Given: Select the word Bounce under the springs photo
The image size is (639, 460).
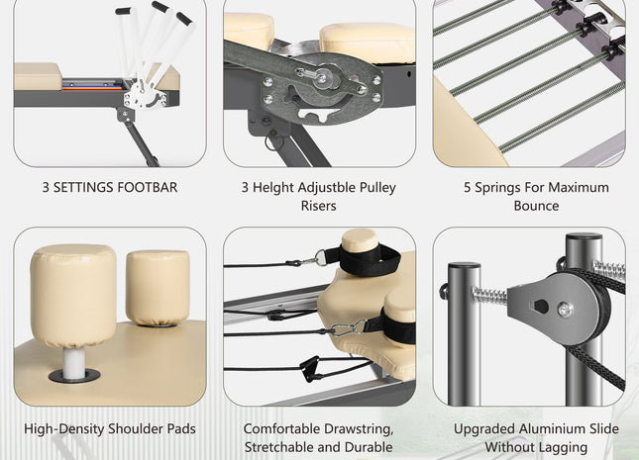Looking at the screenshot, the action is pos(536,206).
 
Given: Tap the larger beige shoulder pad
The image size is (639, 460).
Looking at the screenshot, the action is pos(73,295).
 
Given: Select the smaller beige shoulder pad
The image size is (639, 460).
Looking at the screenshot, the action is pos(158,288).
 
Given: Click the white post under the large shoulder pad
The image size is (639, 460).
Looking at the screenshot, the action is pos(74,363).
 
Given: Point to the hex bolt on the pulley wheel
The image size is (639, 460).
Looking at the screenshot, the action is pos(565,311).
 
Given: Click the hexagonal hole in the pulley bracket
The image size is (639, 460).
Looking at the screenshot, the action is pos(541,307).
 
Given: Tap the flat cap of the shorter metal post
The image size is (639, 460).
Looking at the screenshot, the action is pos(465,265).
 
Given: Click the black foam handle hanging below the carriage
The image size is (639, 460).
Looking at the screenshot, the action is pos(310,368).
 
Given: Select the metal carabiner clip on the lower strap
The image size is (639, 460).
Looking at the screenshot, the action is pos(348,328).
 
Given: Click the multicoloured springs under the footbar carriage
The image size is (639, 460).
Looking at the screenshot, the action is pos(92,86).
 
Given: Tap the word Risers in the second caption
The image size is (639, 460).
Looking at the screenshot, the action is pos(318,206).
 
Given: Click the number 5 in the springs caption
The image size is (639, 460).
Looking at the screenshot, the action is pos(468,187).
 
